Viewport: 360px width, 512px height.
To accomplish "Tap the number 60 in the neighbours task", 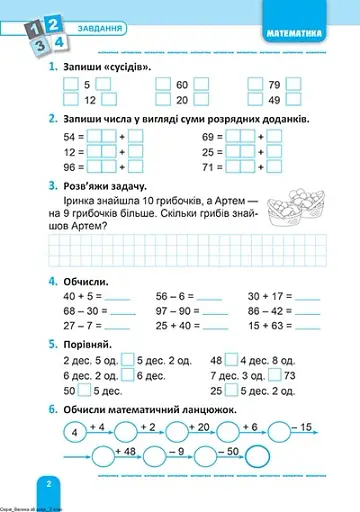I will (x=182, y=85).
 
